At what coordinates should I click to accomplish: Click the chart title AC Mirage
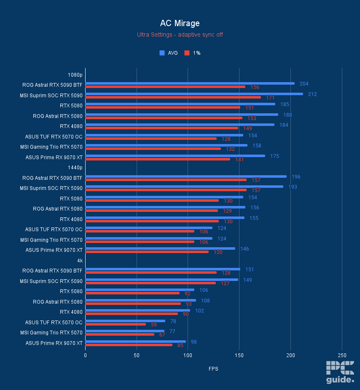click(x=180, y=23)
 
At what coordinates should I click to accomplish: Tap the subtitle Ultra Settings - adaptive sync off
click(x=180, y=35)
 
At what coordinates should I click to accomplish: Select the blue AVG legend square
click(x=161, y=53)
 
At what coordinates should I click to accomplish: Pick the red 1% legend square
click(x=187, y=53)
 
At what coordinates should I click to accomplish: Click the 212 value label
click(x=312, y=94)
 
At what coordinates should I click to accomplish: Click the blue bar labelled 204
click(x=190, y=83)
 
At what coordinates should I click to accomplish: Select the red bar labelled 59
click(x=116, y=324)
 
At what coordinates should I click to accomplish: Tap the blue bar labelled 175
click(x=175, y=156)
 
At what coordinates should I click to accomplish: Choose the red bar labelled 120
click(x=147, y=252)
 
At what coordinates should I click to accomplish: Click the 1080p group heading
click(x=75, y=75)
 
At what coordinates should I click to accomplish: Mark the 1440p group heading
click(x=75, y=168)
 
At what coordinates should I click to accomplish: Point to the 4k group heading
click(x=80, y=261)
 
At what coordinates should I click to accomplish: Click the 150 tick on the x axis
click(x=239, y=355)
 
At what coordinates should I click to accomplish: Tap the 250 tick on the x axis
click(x=342, y=355)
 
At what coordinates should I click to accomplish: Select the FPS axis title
click(x=213, y=369)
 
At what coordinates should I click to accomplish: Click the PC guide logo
click(x=340, y=372)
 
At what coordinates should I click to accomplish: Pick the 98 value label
click(x=194, y=342)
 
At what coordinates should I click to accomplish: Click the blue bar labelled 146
click(x=160, y=248)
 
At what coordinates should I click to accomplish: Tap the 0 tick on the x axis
click(x=85, y=355)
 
